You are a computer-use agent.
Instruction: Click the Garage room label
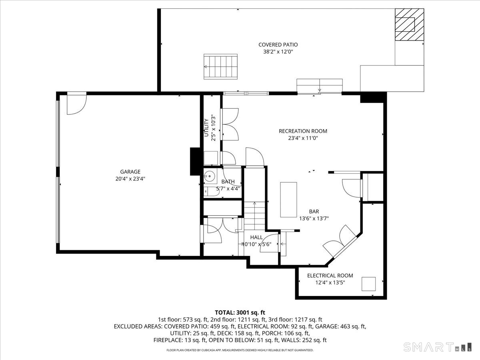130,172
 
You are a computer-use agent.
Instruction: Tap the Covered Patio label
278,44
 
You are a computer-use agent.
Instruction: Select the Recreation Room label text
303,131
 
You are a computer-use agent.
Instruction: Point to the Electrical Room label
330,276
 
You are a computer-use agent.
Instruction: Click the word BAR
314,211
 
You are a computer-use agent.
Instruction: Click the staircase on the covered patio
220,67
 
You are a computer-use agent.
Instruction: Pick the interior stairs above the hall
254,216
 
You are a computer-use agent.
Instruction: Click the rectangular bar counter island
288,200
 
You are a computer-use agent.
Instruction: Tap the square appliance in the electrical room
368,284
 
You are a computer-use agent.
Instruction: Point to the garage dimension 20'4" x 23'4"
130,179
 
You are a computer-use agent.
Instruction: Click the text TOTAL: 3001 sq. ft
240,312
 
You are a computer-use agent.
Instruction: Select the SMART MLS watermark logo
437,347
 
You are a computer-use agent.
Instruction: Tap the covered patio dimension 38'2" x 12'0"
278,52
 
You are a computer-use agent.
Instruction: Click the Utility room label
206,128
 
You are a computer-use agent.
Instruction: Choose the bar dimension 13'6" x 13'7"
314,218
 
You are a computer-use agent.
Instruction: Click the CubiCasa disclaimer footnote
240,350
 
